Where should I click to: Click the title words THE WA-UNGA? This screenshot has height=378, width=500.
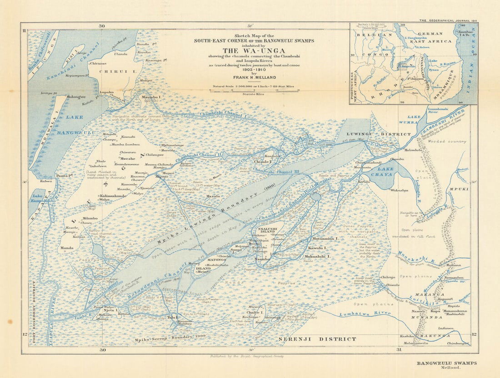click(x=254, y=51)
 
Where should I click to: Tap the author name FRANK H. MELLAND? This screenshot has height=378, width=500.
click(x=254, y=77)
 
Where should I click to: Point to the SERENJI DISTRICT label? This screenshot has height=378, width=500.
click(x=317, y=339)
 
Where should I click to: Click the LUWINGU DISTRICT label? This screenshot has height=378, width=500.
click(x=378, y=134)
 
